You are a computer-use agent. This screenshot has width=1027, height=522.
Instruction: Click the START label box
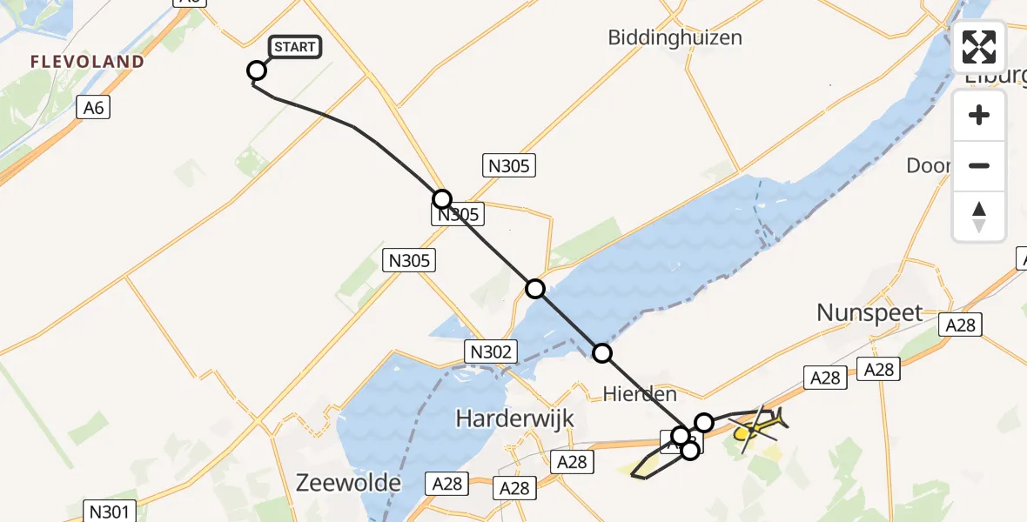tap(296, 47)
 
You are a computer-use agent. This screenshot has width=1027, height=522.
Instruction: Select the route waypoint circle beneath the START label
tap(257, 70)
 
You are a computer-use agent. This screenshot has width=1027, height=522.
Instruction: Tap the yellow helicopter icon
tap(759, 426)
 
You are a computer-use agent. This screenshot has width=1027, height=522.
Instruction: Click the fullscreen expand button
tap(979, 47)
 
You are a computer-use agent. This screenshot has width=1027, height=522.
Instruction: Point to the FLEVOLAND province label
tap(86, 62)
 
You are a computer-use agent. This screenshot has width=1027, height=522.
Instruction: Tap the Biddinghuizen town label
tap(675, 37)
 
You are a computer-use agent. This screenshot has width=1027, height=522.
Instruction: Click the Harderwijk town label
tap(515, 418)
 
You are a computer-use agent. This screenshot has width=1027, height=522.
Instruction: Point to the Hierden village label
tap(640, 394)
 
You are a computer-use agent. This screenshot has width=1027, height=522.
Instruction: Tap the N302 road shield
tap(491, 351)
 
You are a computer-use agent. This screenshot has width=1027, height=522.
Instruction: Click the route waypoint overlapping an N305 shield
tap(443, 198)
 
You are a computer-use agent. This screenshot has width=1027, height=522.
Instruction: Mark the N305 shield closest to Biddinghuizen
tap(508, 165)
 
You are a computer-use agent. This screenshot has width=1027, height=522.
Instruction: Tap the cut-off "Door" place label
tap(929, 165)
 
